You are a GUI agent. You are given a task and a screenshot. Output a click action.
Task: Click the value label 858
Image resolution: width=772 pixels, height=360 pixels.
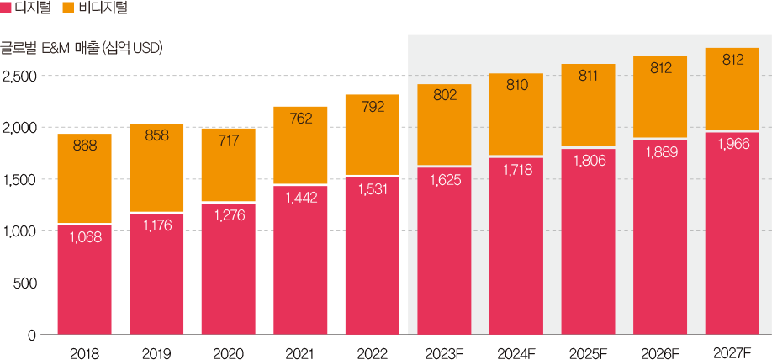click(156, 135)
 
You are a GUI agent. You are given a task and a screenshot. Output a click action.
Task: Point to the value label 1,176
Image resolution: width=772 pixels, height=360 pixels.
click(156, 225)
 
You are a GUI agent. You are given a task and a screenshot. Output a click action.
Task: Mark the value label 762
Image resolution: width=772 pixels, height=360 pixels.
click(300, 119)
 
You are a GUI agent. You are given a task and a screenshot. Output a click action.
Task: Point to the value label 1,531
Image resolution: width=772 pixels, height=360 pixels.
click(372, 190)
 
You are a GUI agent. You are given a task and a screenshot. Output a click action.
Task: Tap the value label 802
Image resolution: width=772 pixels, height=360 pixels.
click(444, 95)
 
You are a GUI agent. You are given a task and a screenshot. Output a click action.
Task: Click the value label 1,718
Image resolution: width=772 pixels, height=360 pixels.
click(516, 171)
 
